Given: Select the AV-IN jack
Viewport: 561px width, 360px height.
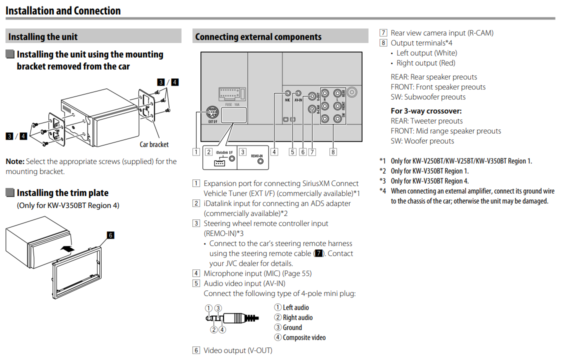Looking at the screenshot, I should pyautogui.click(x=297, y=93).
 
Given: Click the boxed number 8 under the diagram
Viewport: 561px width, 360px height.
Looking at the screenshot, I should pyautogui.click(x=333, y=151).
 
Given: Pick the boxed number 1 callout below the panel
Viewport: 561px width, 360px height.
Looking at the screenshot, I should pyautogui.click(x=197, y=151).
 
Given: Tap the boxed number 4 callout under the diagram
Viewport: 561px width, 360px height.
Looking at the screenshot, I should pyautogui.click(x=274, y=151).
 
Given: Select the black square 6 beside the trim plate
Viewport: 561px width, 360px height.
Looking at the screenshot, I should pyautogui.click(x=110, y=234).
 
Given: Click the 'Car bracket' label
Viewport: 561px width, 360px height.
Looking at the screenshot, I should pyautogui.click(x=154, y=144).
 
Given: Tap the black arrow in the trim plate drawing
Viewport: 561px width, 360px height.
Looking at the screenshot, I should pyautogui.click(x=68, y=246).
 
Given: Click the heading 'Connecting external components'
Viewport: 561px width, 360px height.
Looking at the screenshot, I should pyautogui.click(x=258, y=36).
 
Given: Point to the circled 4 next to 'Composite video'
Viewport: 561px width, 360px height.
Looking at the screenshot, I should pyautogui.click(x=278, y=337).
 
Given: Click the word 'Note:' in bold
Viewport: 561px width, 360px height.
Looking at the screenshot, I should pyautogui.click(x=14, y=161).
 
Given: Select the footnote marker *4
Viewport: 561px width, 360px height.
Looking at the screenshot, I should pyautogui.click(x=382, y=191).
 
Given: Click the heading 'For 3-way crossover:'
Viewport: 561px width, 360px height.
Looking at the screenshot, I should pyautogui.click(x=426, y=111).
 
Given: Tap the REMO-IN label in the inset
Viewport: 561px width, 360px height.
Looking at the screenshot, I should pyautogui.click(x=257, y=156).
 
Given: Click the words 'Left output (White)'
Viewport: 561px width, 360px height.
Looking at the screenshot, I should pyautogui.click(x=426, y=53).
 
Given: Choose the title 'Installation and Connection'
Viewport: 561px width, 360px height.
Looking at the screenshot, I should pyautogui.click(x=63, y=10).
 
